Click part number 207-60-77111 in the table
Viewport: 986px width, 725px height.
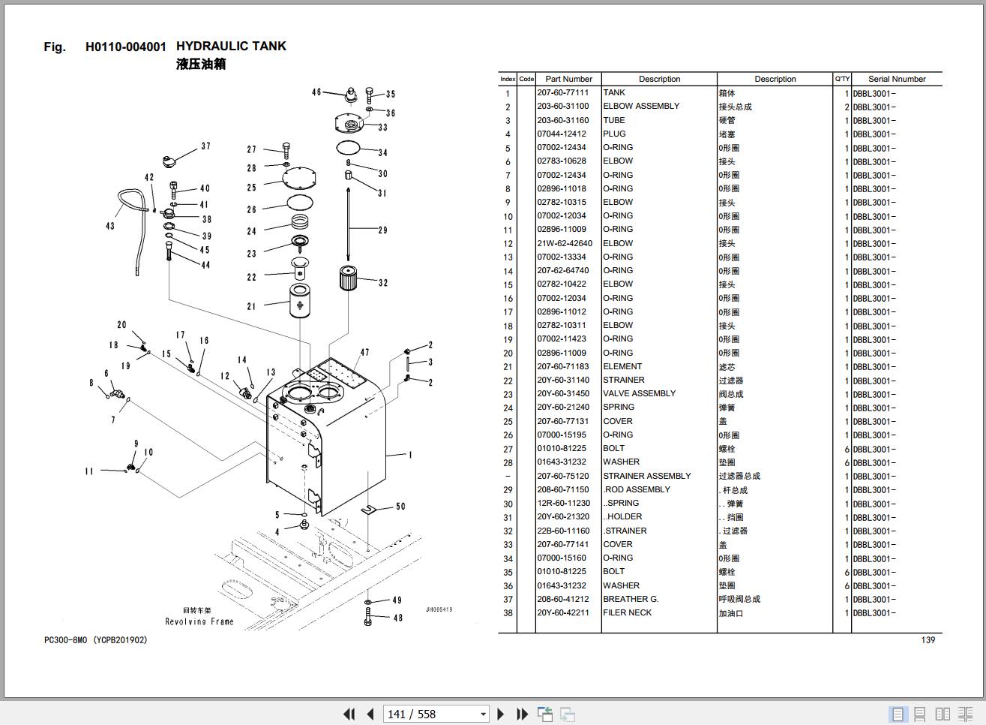click(x=562, y=93)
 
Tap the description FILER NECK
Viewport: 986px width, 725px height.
click(x=627, y=612)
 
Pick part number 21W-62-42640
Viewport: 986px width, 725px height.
click(x=564, y=243)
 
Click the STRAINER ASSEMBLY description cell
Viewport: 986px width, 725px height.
click(x=646, y=476)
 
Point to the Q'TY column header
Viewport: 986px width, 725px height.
click(x=842, y=79)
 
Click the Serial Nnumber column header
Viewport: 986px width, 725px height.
click(x=896, y=79)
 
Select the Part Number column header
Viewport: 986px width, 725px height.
click(x=568, y=79)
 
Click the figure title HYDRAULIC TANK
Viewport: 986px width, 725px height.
click(x=231, y=47)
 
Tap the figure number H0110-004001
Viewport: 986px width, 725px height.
click(x=126, y=47)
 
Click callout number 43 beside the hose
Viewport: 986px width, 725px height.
click(x=110, y=226)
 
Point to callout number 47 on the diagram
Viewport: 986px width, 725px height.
click(x=364, y=352)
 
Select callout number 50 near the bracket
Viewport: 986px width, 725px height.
click(x=400, y=507)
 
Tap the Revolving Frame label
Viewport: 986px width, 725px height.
click(x=199, y=621)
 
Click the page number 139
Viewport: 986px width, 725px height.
click(x=928, y=640)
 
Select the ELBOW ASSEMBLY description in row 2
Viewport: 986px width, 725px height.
click(x=641, y=107)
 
